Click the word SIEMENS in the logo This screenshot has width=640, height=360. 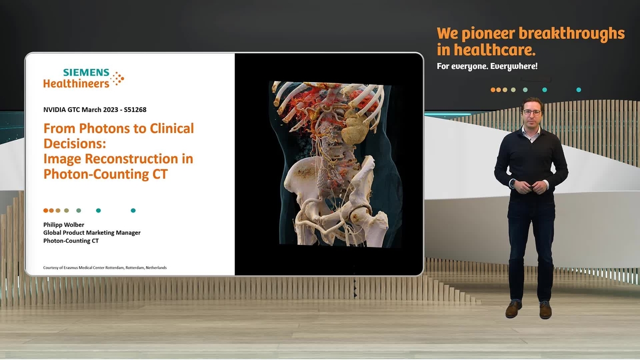click(x=86, y=72)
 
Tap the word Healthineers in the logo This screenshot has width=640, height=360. click(x=76, y=83)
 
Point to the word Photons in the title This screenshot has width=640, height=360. click(x=105, y=129)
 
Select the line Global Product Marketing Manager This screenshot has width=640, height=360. click(x=92, y=233)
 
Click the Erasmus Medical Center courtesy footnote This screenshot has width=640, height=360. click(x=105, y=267)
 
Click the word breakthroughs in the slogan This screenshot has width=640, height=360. click(x=571, y=34)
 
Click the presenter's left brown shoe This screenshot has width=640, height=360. click(x=514, y=310)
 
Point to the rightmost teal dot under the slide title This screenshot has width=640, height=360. click(x=133, y=211)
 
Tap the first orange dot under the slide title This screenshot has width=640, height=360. click(x=46, y=211)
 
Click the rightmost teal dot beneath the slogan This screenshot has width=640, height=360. click(x=579, y=90)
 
